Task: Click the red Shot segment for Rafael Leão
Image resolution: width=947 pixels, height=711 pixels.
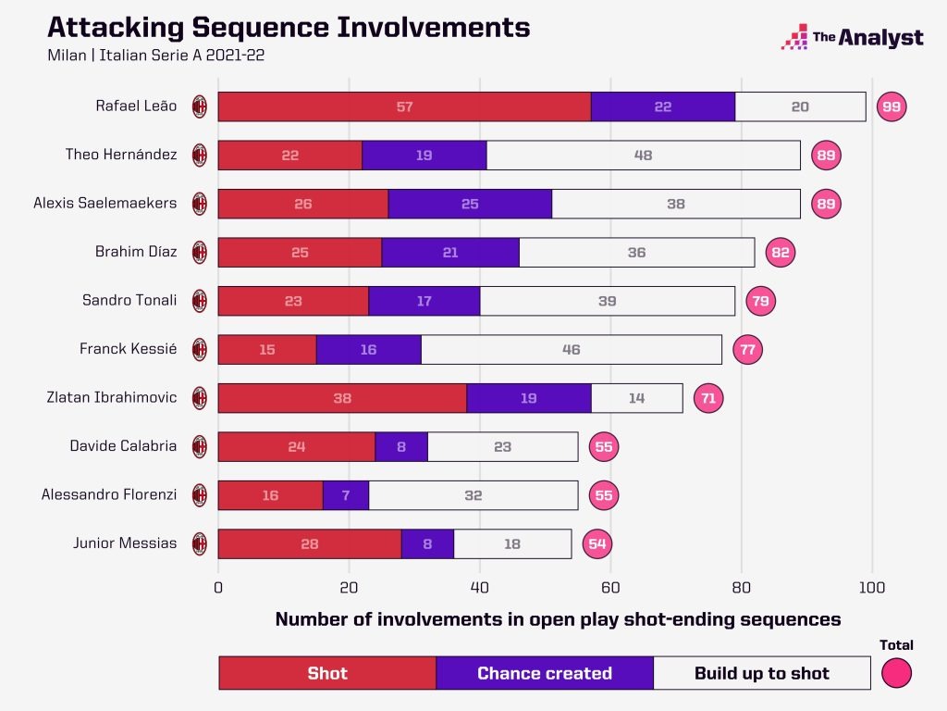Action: click(404, 106)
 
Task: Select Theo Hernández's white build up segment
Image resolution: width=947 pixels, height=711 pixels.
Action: click(643, 156)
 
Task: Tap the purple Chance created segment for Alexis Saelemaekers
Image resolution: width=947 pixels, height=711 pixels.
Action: click(470, 204)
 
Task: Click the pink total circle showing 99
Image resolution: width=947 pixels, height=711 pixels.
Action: click(892, 106)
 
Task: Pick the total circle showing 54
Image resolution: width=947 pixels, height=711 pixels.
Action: click(597, 543)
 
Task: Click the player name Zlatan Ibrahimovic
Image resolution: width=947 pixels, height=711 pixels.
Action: click(111, 398)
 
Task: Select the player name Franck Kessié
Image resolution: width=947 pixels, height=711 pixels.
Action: click(128, 349)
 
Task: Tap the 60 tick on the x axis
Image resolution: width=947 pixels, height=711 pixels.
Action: click(610, 587)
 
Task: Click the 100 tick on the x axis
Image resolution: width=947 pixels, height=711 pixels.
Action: click(871, 587)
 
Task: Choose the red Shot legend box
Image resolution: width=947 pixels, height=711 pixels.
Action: click(327, 673)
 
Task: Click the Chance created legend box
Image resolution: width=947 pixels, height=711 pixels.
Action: click(544, 673)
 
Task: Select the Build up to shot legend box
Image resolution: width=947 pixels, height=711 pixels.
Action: click(761, 673)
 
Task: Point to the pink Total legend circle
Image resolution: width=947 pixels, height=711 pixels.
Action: click(896, 672)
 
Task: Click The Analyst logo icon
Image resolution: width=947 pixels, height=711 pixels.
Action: click(795, 37)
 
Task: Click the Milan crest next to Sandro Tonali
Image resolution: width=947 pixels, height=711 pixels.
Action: click(199, 301)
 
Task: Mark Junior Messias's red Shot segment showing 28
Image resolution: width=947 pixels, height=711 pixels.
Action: click(309, 543)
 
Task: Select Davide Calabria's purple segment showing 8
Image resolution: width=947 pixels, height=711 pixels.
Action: click(401, 446)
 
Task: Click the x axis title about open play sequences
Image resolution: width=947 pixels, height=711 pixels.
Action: click(558, 620)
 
